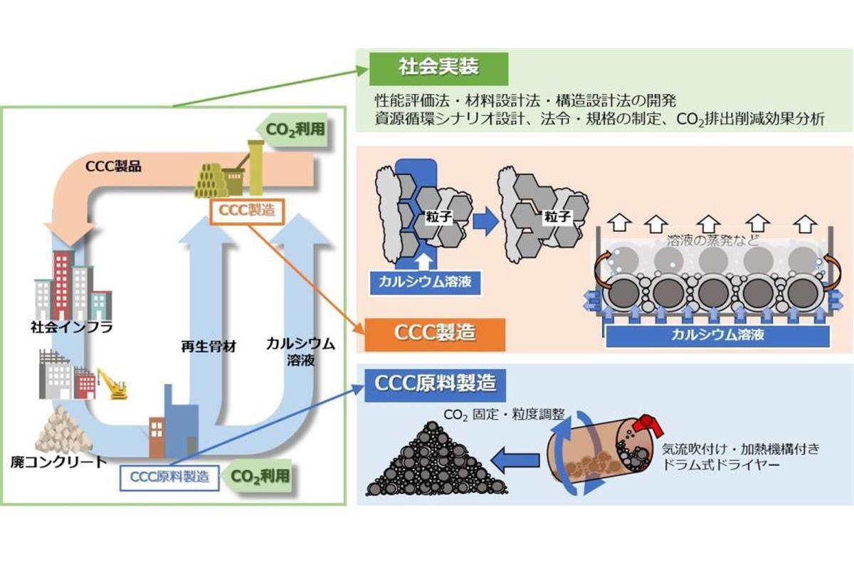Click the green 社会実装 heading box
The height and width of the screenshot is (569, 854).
(438, 68)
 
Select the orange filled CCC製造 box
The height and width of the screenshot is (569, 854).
(435, 334)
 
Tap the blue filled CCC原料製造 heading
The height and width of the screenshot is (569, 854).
(435, 385)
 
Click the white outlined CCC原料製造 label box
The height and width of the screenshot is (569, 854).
(169, 477)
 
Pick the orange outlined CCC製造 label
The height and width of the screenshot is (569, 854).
(248, 211)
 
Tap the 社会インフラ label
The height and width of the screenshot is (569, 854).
(72, 328)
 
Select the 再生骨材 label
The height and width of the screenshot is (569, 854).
(209, 347)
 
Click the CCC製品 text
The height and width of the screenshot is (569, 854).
(113, 166)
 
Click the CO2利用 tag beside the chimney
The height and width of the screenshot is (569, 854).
(292, 130)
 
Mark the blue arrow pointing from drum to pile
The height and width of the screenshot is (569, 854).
(515, 460)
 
